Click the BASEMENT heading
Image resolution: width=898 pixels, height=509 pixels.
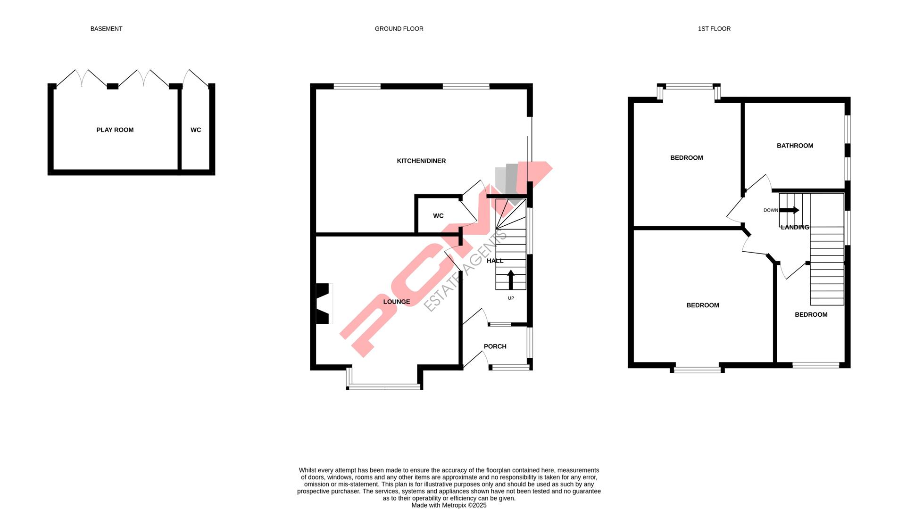click(106, 29)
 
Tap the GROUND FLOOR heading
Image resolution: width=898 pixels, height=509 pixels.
click(399, 29)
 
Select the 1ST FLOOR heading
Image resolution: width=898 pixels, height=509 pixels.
click(714, 29)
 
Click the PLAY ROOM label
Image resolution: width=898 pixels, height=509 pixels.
click(115, 130)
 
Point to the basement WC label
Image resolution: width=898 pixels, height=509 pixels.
click(196, 130)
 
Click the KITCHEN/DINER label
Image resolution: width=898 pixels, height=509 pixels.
click(421, 161)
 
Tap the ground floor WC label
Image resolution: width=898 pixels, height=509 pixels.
click(438, 216)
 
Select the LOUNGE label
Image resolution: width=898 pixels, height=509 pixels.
click(397, 302)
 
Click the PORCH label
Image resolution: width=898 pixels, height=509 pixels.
click(495, 346)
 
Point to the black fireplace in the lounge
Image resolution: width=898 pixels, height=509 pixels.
click(323, 304)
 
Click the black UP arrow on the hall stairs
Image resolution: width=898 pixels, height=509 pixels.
click(511, 279)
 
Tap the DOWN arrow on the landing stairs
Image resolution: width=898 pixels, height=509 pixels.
click(789, 210)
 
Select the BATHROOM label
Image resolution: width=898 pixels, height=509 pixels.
click(795, 146)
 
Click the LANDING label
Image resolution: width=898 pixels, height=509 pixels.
click(795, 227)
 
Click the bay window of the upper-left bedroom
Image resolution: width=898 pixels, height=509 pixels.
click(689, 87)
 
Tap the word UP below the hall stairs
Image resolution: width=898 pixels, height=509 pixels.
click(511, 298)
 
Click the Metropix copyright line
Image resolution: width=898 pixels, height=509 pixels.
click(449, 505)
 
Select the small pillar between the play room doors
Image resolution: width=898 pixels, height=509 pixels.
click(112, 86)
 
